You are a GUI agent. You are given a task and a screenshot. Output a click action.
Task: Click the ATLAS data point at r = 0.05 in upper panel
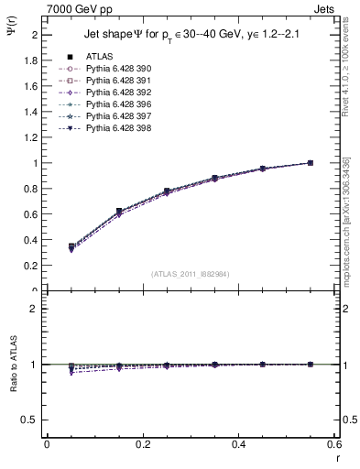pyautogui.click(x=71, y=246)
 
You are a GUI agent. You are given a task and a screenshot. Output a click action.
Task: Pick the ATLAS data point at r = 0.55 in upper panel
pyautogui.click(x=311, y=163)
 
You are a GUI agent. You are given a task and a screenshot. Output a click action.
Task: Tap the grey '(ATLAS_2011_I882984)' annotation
pyautogui.click(x=191, y=273)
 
